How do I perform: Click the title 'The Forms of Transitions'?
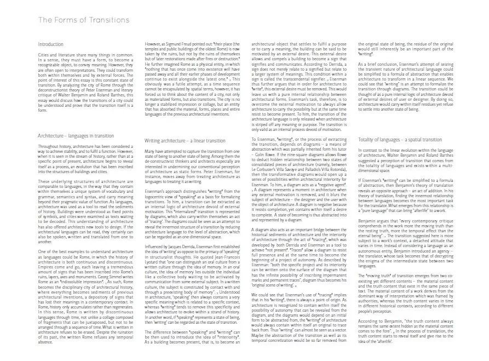[x=83, y=20]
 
